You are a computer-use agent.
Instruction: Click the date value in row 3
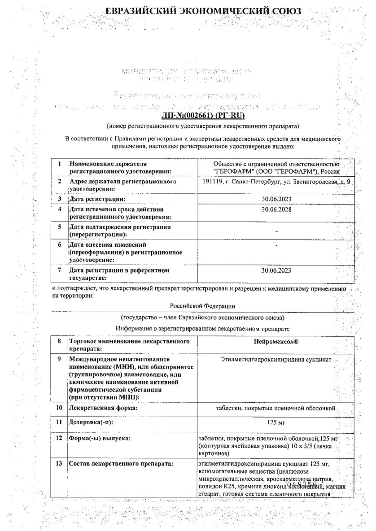click(x=276, y=199)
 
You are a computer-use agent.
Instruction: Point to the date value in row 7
click(x=276, y=270)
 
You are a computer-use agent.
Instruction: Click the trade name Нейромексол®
click(x=276, y=342)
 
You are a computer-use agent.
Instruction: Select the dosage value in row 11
click(x=276, y=422)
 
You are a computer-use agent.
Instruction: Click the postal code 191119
click(x=212, y=182)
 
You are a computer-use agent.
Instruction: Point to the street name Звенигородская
click(x=308, y=182)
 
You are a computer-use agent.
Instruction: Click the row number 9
click(x=59, y=359)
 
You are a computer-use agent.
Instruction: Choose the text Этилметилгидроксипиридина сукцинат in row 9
click(x=276, y=359)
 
